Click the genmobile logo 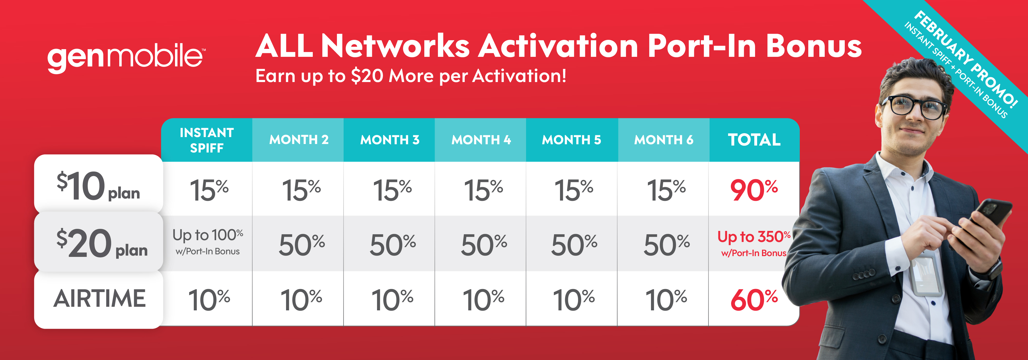pos(126,59)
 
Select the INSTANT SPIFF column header pos(207,140)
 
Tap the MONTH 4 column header pos(481,140)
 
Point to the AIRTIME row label pos(100,299)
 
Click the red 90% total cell pos(754,190)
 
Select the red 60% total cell pos(754,300)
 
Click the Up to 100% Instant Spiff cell pos(207,241)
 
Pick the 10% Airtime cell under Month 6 pos(666,300)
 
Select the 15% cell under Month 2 pos(301,190)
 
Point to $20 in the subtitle pos(367,76)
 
